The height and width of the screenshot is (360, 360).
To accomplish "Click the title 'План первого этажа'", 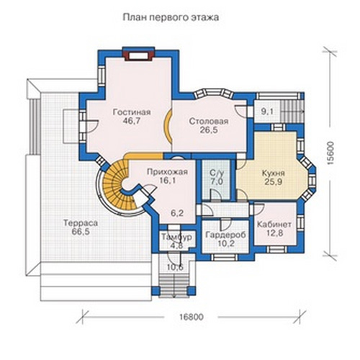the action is [171, 17].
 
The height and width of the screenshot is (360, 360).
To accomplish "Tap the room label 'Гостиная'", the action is [132, 112].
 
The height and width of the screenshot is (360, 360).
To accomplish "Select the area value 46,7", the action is [132, 121].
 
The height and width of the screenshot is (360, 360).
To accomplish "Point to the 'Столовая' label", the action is [208, 121].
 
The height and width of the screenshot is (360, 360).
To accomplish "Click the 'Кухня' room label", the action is [273, 173].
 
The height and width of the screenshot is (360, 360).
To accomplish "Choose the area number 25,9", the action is [274, 181].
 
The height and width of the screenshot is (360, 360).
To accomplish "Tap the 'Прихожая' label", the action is [167, 172].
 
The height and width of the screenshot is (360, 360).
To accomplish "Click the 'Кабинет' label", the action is [274, 225].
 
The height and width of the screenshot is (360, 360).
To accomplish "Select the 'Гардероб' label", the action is [225, 235].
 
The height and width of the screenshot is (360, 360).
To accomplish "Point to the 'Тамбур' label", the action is [176, 237].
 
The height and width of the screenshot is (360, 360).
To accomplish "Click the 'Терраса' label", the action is [81, 223].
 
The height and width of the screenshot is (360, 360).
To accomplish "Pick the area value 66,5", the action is [81, 232].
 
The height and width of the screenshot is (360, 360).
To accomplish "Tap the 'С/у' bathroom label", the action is [216, 173].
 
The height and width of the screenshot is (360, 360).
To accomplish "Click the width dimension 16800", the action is [192, 317].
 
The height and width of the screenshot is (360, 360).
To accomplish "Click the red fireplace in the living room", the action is [138, 54].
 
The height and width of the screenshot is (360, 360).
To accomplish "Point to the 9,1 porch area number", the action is [268, 112].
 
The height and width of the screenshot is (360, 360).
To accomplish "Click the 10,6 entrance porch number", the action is [176, 266].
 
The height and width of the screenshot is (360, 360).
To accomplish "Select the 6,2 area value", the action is [177, 213].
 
